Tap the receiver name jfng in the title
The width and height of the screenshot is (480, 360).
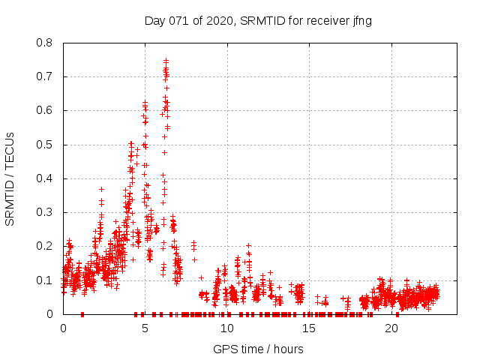(x=360, y=21)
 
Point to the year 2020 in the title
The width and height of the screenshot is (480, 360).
(x=218, y=21)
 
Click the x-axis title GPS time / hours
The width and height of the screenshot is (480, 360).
(x=258, y=349)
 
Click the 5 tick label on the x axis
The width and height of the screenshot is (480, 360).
(x=145, y=328)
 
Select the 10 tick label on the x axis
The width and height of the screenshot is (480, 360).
(x=226, y=328)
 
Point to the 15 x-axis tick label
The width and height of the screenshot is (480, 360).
(x=308, y=328)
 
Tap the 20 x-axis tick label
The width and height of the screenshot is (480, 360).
(x=390, y=328)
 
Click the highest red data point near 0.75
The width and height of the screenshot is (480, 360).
(x=166, y=61)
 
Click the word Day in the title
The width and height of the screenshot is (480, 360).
(x=154, y=21)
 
